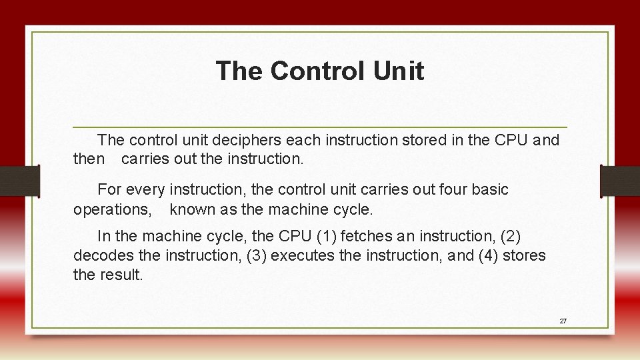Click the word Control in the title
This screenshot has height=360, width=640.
(314, 71)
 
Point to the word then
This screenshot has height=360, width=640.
(89, 159)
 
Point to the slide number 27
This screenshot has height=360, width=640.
(563, 321)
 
